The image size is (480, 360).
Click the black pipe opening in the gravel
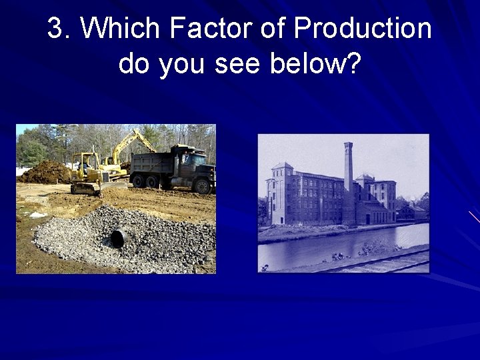tap(119, 237)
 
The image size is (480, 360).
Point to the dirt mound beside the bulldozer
tap(47, 173)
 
